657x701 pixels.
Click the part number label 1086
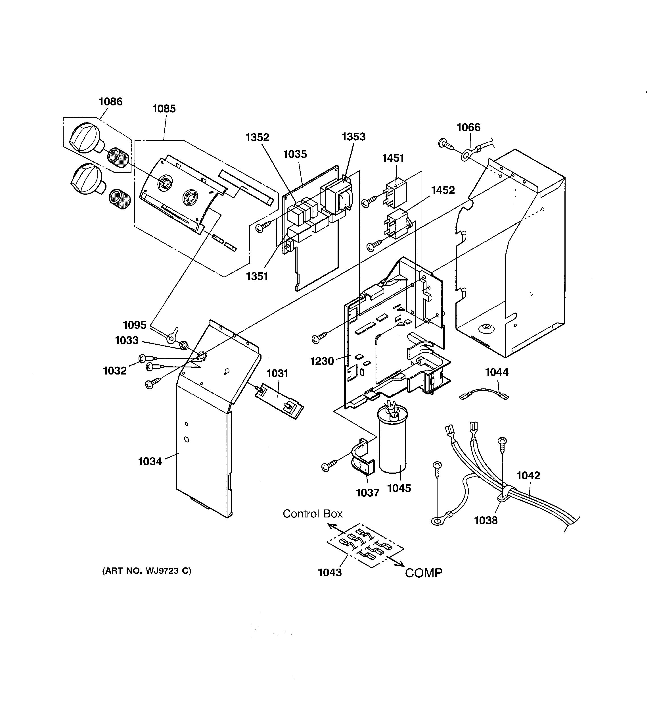(111, 101)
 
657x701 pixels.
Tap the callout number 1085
(164, 109)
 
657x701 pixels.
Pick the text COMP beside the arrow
(423, 573)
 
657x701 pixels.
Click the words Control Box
(313, 514)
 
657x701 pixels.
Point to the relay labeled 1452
(398, 224)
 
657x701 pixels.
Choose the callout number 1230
(322, 361)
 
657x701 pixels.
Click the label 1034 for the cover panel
(150, 461)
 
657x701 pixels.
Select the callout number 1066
(468, 127)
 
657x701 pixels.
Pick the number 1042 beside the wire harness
(528, 475)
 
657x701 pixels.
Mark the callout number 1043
(330, 572)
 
